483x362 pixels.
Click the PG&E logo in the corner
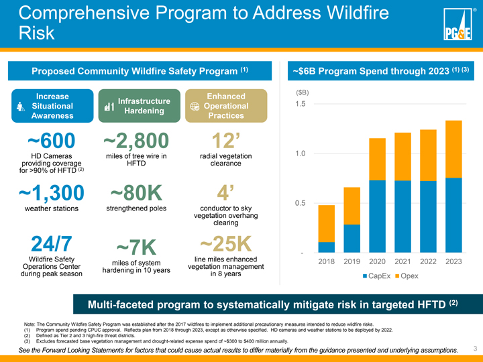click(x=458, y=27)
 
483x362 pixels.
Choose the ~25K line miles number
click(x=225, y=244)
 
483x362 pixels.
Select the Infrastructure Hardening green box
click(x=139, y=106)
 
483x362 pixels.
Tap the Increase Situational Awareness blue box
click(x=53, y=106)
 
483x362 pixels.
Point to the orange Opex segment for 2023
click(x=453, y=149)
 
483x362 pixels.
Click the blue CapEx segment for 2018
click(x=327, y=247)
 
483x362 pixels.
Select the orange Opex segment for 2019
click(x=352, y=206)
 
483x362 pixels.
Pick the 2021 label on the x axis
click(x=402, y=261)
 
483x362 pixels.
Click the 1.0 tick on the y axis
click(x=299, y=154)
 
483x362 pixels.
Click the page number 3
click(x=474, y=348)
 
